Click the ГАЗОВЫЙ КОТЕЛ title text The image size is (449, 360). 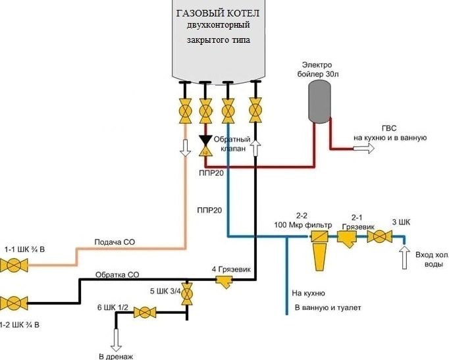point(217,13)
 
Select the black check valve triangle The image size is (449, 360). point(205,140)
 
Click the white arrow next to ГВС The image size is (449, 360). point(361,149)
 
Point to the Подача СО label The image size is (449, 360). point(114,242)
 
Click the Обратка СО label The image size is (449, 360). point(117,274)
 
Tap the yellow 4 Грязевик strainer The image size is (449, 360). point(224,282)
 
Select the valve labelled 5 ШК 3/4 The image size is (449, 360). point(187,294)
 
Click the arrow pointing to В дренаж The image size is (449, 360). point(116,340)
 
